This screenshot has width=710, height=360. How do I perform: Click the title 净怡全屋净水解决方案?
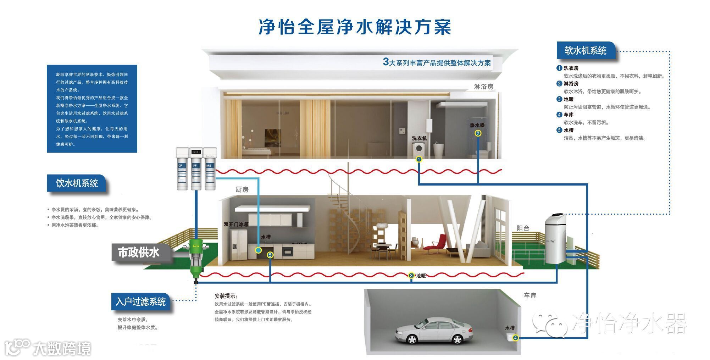(x=355, y=27)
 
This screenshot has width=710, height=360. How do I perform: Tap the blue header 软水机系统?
(x=585, y=51)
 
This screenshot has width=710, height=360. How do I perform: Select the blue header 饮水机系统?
(x=77, y=183)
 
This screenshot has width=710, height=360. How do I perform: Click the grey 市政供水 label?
(x=139, y=253)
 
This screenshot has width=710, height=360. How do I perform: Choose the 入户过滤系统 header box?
(x=140, y=301)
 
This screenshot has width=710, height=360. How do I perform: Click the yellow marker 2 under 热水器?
(x=478, y=133)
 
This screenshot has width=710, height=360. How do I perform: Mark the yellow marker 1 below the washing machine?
(x=419, y=159)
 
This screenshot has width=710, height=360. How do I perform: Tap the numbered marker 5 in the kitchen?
(x=270, y=255)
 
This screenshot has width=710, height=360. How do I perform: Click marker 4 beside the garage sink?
(x=515, y=338)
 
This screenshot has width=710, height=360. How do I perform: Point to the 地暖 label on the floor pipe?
(x=421, y=276)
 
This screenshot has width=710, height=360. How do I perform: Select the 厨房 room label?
(x=242, y=190)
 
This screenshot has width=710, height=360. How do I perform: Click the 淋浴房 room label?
(x=483, y=87)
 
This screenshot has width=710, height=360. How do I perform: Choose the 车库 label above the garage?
(x=530, y=295)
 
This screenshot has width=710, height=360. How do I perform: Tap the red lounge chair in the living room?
(x=437, y=243)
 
